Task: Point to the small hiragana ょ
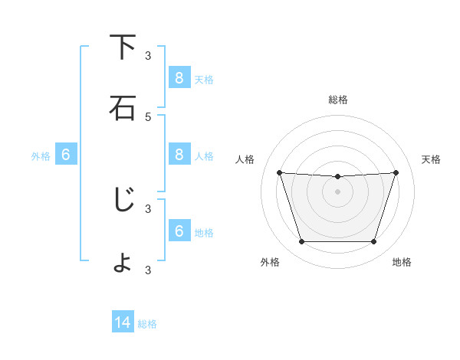tap(123, 263)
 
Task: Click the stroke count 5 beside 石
tap(148, 117)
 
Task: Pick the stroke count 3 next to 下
tap(148, 56)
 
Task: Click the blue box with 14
tap(123, 323)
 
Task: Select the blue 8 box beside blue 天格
tap(179, 77)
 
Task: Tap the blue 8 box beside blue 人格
tap(179, 155)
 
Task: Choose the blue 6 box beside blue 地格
tap(179, 231)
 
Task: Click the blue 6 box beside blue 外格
tap(66, 155)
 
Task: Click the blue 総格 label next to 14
tap(147, 324)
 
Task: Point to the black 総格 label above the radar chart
tap(338, 100)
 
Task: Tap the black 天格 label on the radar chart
tap(432, 159)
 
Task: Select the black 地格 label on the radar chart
tap(402, 262)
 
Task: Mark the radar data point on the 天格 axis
tap(396, 172)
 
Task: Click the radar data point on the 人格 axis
tap(279, 172)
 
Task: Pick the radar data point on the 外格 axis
tap(301, 242)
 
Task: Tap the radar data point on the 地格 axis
tap(374, 242)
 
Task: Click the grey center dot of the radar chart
tap(338, 191)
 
